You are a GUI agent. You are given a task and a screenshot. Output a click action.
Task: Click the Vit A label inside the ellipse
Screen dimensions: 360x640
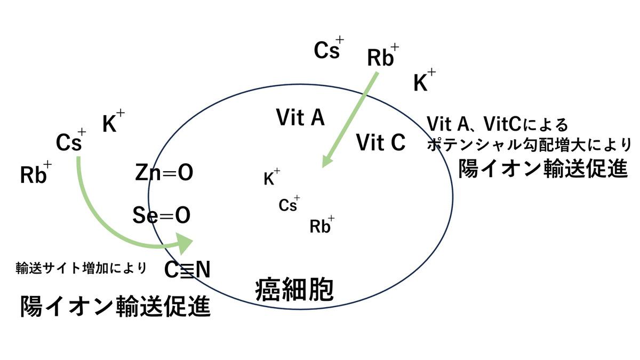click(300, 118)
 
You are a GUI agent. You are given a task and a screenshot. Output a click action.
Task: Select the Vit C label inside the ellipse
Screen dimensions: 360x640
click(381, 142)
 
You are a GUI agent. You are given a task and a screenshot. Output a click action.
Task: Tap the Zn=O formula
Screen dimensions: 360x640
click(164, 173)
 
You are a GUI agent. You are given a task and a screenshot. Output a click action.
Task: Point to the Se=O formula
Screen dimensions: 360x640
click(162, 216)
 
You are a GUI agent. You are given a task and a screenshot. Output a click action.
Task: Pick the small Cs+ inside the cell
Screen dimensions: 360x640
click(289, 204)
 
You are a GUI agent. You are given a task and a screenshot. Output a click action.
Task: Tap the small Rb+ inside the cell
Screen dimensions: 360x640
click(322, 226)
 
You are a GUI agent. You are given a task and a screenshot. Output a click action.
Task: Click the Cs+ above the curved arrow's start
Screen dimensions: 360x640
click(70, 141)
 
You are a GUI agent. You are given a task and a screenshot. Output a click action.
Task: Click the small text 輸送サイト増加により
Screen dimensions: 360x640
click(81, 267)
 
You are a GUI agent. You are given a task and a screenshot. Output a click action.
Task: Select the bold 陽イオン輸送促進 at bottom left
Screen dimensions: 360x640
click(115, 307)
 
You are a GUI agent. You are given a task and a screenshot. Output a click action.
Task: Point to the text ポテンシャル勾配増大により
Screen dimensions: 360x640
click(530, 145)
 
